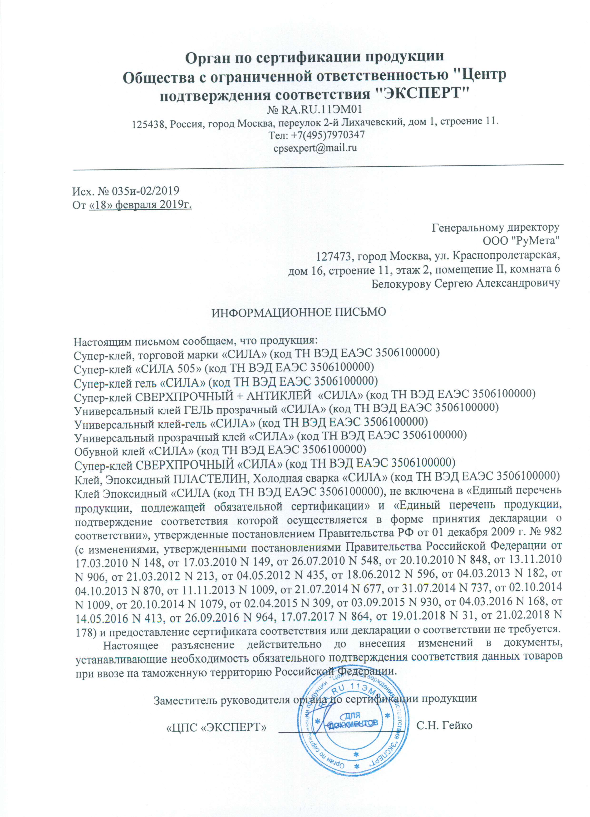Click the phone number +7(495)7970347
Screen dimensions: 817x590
click(x=327, y=135)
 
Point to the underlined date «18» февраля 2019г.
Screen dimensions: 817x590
click(x=140, y=205)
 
